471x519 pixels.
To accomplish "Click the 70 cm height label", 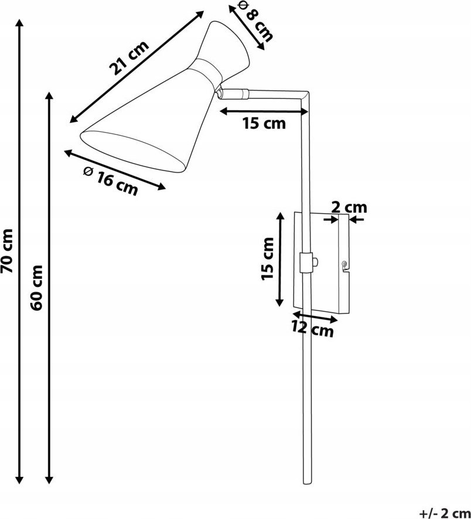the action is click(x=6, y=251).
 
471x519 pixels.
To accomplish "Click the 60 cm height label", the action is click(x=36, y=287).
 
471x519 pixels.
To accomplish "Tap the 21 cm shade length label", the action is click(x=129, y=58).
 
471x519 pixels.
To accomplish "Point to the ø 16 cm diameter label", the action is click(x=110, y=181).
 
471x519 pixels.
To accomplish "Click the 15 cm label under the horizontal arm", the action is click(x=264, y=124).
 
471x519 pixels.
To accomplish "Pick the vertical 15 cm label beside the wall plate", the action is click(x=268, y=259).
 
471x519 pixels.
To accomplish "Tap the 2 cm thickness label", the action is click(x=349, y=207).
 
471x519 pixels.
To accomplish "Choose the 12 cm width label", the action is click(x=312, y=329).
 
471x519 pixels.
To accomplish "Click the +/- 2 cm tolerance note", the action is click(x=445, y=513).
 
